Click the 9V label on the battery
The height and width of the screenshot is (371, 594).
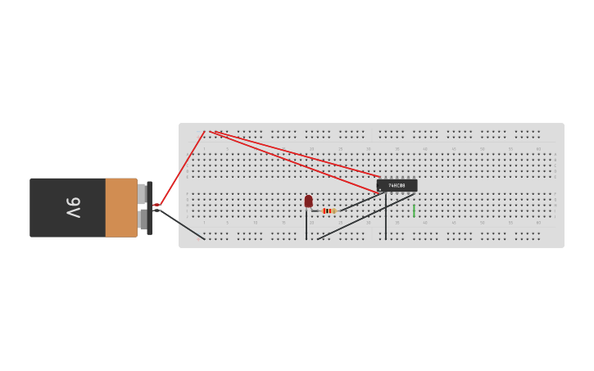tap(73, 207)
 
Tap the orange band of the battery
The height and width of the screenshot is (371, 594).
tap(121, 207)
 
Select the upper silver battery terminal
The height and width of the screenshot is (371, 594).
tap(142, 194)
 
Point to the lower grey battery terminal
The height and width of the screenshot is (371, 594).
tap(143, 219)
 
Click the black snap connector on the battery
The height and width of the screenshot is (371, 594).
tap(149, 208)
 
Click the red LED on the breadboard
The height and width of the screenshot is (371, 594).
tap(308, 201)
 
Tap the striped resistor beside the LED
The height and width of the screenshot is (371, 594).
tap(329, 210)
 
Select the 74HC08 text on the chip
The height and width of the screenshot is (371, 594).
tap(397, 186)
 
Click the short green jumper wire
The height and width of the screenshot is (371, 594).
tap(414, 211)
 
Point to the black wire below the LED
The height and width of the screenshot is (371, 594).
tap(306, 225)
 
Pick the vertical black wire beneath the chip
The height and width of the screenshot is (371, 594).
tap(386, 217)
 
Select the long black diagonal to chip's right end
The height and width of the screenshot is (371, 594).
tap(365, 216)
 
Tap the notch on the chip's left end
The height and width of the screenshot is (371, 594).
tap(379, 186)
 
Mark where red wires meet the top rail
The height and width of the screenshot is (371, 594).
tap(210, 131)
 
